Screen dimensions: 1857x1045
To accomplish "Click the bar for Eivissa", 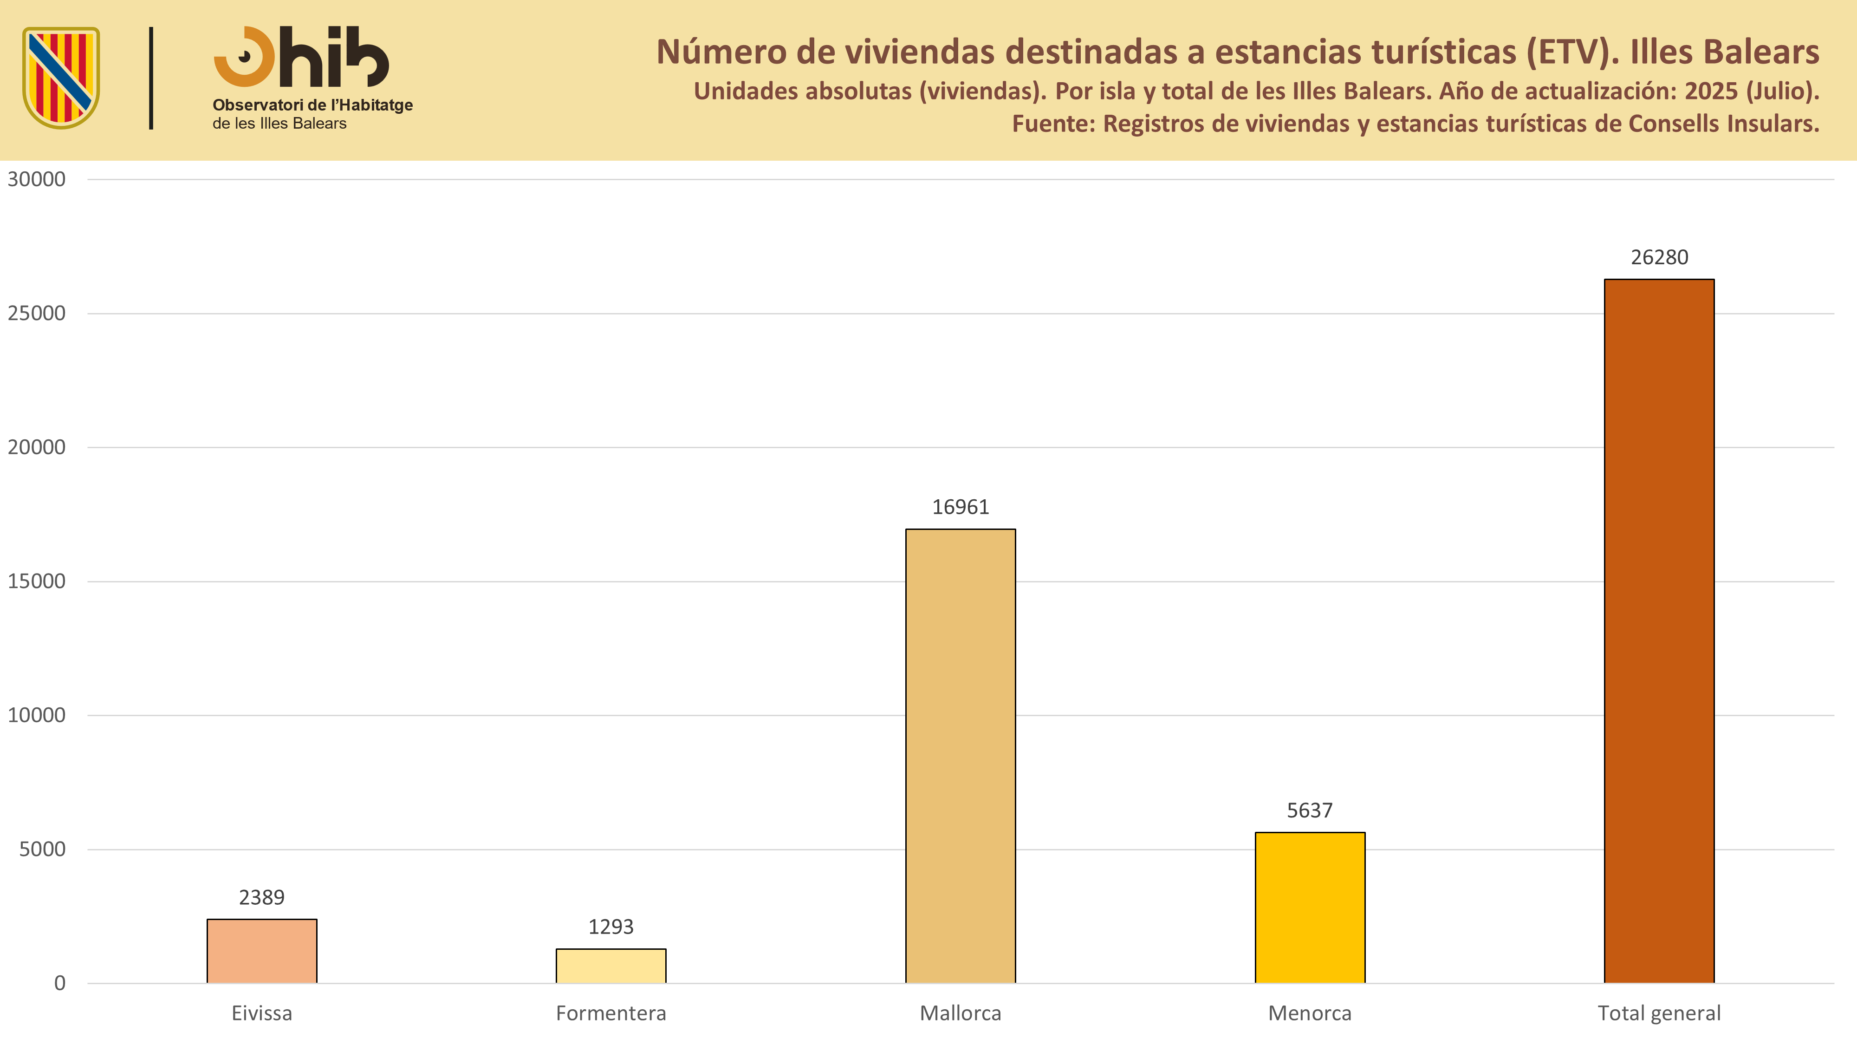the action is click(x=262, y=951).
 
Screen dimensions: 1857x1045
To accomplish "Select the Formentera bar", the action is click(x=610, y=966).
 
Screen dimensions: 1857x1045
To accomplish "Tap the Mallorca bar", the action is click(x=960, y=756).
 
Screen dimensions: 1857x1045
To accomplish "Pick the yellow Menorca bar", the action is click(x=1310, y=907).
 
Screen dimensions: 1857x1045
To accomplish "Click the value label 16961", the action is click(x=960, y=507).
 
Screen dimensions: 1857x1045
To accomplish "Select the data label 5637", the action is click(x=1310, y=810).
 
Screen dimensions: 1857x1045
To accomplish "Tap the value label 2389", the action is click(x=262, y=897).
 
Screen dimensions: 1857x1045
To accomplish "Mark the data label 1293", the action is click(x=610, y=927).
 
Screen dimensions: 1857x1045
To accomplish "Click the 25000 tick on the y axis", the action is click(x=37, y=313).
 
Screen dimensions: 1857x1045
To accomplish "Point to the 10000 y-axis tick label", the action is click(x=37, y=715).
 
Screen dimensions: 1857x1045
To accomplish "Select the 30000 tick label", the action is click(x=37, y=179).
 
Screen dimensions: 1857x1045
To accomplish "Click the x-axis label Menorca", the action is click(x=1310, y=1013).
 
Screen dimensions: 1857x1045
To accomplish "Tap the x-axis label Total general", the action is click(x=1659, y=1013).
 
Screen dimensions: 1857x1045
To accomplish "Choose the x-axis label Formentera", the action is click(x=610, y=1013).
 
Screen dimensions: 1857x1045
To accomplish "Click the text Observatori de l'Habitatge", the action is click(x=312, y=105).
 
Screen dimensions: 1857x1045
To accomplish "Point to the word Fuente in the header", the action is click(x=1052, y=124).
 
